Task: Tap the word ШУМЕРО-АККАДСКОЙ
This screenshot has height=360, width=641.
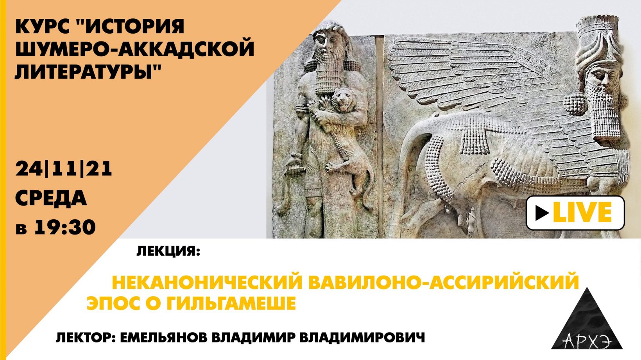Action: click(134, 49)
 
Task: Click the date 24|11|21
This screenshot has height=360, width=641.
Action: click(64, 169)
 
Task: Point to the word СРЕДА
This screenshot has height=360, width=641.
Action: click(51, 198)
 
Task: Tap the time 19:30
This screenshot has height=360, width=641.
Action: click(65, 227)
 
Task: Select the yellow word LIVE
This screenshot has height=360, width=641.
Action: click(582, 213)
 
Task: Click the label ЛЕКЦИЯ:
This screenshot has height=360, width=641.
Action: click(168, 252)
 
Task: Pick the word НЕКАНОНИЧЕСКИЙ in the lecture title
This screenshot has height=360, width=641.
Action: click(207, 283)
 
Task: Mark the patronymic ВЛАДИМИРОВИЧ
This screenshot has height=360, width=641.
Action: click(362, 337)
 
